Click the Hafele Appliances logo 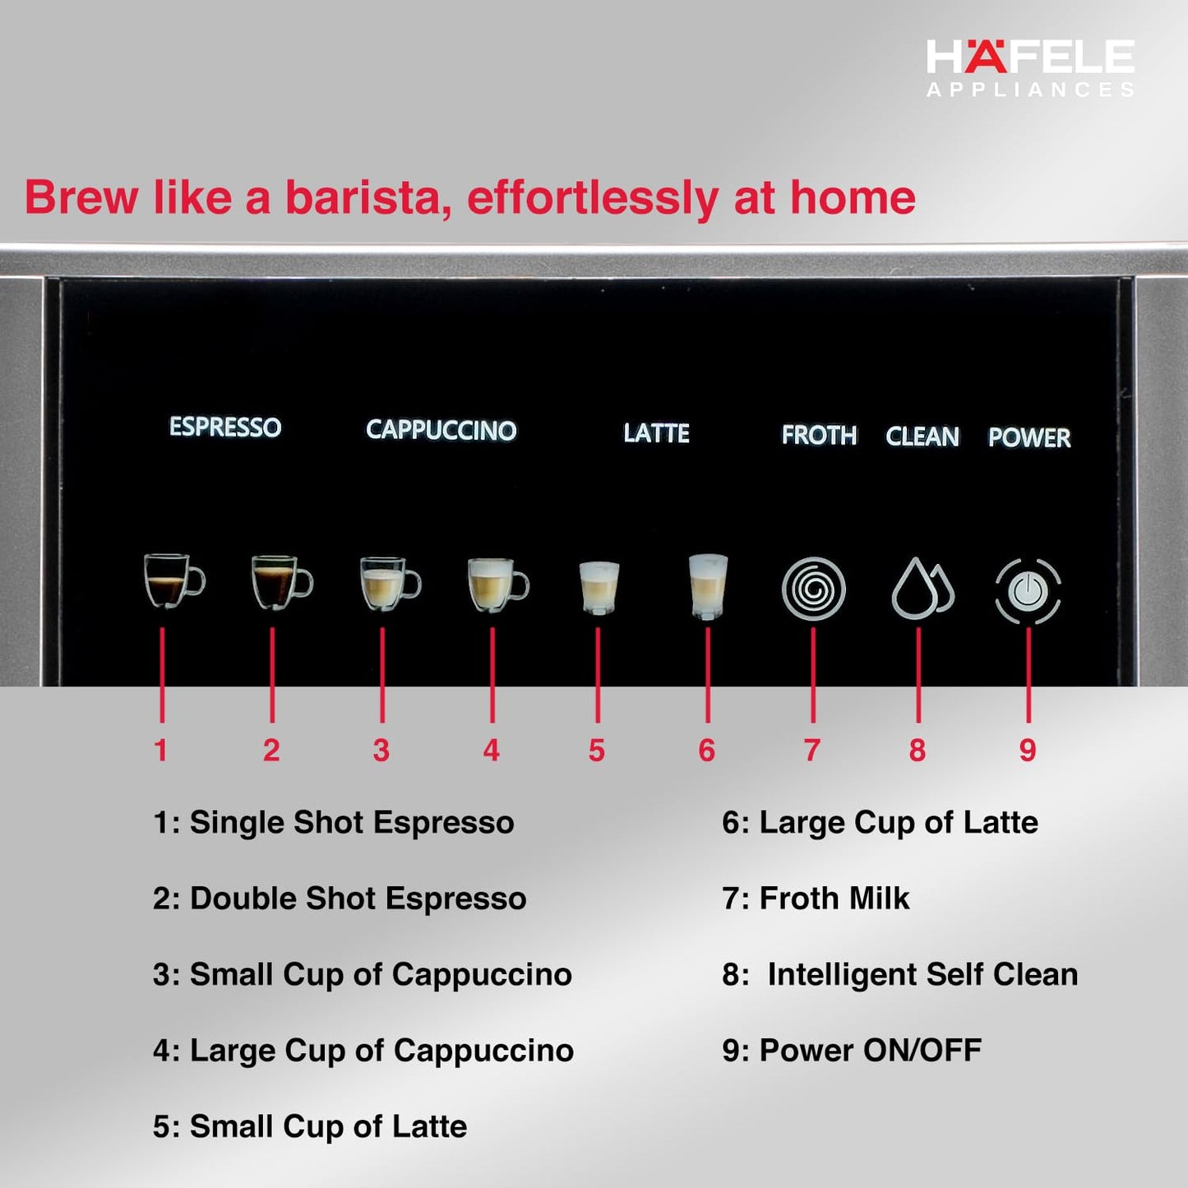point(1030,67)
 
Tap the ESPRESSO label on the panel point(225,428)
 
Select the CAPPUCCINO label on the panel point(441,430)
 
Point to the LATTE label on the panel point(656,433)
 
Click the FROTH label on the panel point(819,435)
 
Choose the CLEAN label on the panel point(922,437)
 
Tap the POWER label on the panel point(1029,437)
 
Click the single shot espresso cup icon point(173,580)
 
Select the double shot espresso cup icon point(281,582)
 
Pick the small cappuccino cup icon point(390,584)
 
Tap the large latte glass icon point(708,586)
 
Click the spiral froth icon point(813,589)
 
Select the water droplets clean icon point(922,589)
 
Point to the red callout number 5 point(597,751)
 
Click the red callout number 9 point(1028,750)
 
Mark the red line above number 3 point(382,674)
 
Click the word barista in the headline point(367,198)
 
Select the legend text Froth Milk point(834,899)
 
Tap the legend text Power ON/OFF point(870,1051)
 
